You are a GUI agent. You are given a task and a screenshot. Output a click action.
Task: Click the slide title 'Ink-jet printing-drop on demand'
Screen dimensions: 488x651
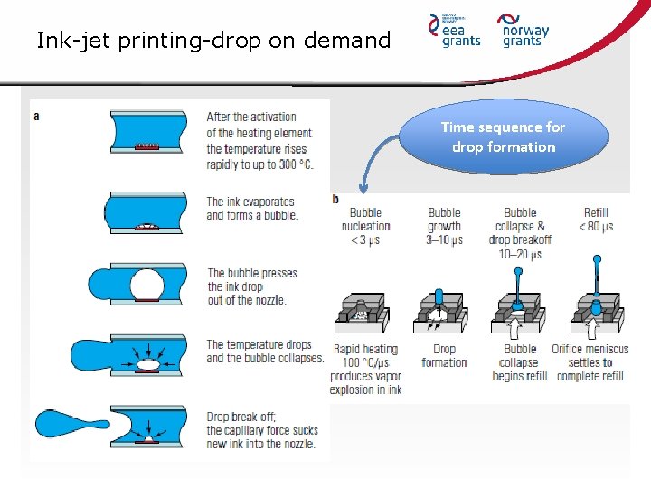(213, 41)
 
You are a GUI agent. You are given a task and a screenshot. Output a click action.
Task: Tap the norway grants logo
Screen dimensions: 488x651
(524, 31)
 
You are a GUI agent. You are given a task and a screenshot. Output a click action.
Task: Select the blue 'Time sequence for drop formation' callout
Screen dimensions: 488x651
(503, 136)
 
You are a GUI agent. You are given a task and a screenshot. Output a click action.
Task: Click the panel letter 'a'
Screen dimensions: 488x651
(36, 116)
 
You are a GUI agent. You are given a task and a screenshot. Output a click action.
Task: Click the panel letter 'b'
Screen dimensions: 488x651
(335, 199)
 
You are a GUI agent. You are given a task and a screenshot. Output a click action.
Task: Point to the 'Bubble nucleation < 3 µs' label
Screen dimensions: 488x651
(365, 226)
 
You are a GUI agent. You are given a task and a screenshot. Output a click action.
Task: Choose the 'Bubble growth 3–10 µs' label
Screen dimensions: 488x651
(444, 226)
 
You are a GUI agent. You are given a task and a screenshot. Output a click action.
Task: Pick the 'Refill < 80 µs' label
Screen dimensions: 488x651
(596, 220)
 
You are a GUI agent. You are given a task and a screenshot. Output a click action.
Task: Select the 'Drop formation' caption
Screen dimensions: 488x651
(444, 356)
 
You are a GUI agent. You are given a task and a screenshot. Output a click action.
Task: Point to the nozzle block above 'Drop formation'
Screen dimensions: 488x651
(440, 309)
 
